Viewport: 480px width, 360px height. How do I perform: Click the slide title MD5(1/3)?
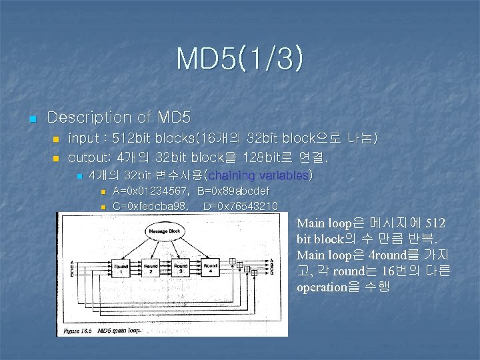tap(240, 59)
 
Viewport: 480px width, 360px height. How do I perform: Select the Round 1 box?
tap(121, 267)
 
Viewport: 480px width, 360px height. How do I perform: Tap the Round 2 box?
tap(151, 267)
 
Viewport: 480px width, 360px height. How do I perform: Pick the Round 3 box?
tap(179, 267)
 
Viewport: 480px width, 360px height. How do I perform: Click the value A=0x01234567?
tap(150, 192)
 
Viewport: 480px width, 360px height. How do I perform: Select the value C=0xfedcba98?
tap(150, 206)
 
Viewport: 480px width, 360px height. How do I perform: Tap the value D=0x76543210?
tap(240, 206)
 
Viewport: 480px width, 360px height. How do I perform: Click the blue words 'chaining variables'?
tap(259, 175)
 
